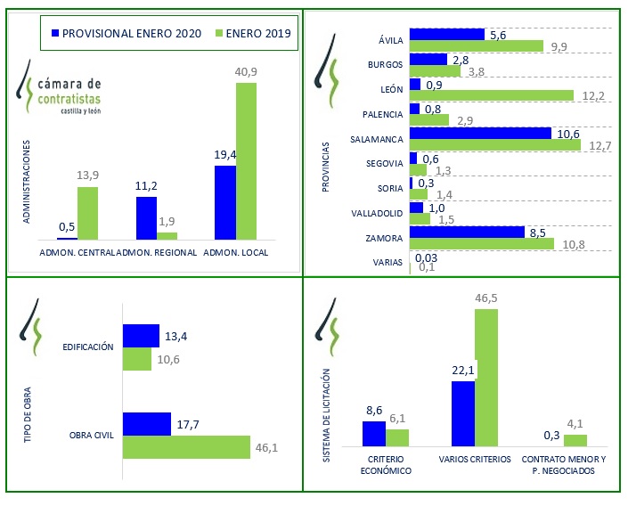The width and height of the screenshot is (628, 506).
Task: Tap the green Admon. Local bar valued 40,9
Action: pos(246,160)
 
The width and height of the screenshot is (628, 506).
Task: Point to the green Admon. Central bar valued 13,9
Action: pos(87,213)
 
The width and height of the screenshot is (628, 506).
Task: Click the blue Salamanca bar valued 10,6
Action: pos(480,133)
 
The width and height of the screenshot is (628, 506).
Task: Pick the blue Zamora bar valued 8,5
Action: pos(467,232)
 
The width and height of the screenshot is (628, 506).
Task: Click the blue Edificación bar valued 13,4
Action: pos(140,335)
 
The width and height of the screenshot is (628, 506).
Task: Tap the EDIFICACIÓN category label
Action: pos(88,347)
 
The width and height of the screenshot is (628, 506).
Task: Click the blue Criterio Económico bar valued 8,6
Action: pos(373,433)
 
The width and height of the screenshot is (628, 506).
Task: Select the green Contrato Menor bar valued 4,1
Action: pos(576,440)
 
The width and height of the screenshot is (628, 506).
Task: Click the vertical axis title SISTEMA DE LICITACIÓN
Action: pos(330,414)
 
